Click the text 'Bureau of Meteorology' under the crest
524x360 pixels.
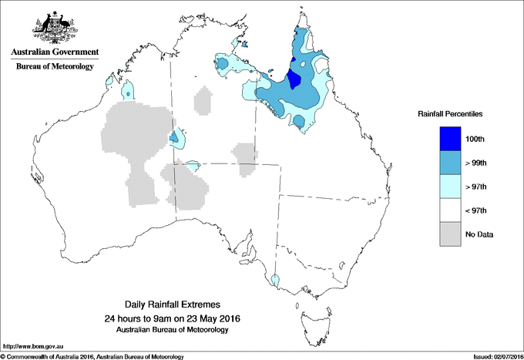[x=55, y=67]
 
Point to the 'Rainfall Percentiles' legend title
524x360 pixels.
[x=450, y=113]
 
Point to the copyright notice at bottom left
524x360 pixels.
[x=92, y=356]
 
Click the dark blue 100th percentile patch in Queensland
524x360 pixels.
[x=294, y=79]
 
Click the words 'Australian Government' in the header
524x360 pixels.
[x=55, y=52]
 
